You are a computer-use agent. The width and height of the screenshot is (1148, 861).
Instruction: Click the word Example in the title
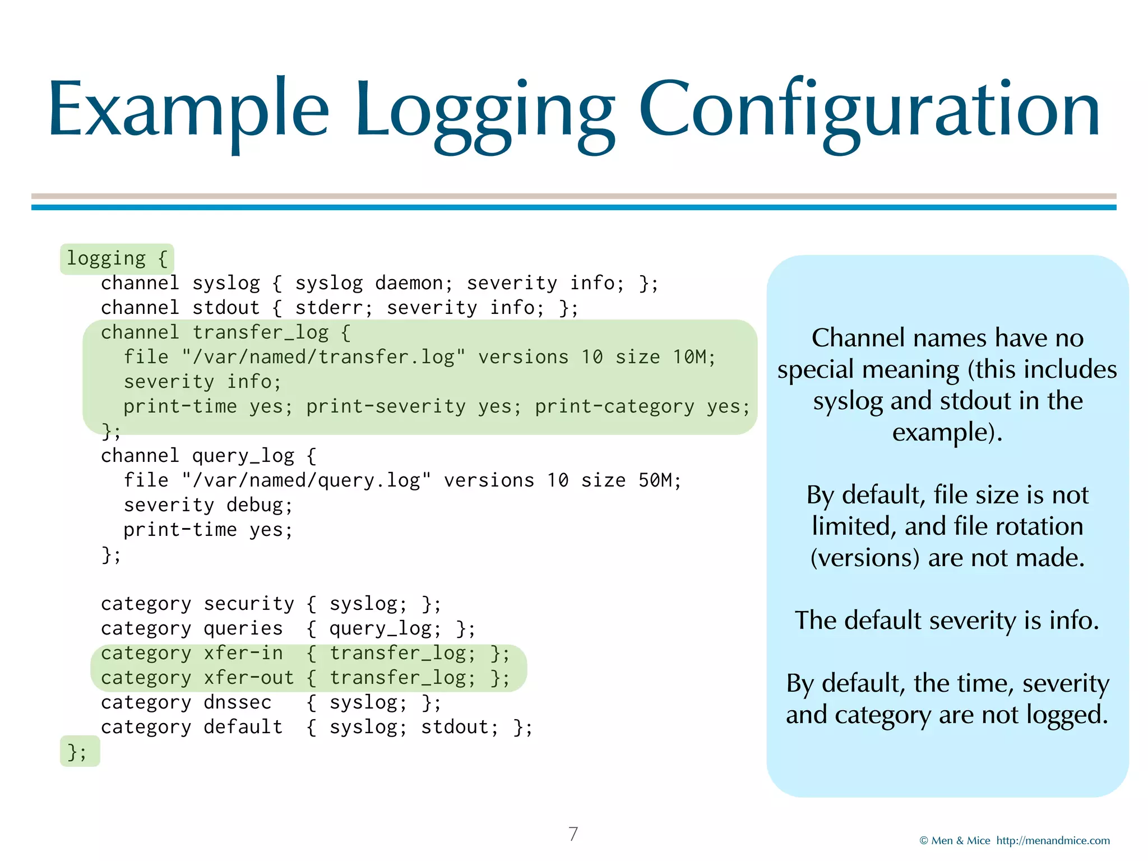pyautogui.click(x=188, y=109)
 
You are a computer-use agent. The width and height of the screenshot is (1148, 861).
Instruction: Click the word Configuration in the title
pyautogui.click(x=869, y=109)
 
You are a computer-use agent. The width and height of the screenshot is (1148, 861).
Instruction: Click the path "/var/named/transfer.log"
pyautogui.click(x=323, y=357)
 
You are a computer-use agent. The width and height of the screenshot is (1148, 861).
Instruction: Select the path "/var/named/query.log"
pyautogui.click(x=306, y=480)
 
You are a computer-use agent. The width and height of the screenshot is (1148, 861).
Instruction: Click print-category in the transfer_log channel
pyautogui.click(x=614, y=406)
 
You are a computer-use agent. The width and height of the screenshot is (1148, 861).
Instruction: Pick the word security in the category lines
pyautogui.click(x=248, y=604)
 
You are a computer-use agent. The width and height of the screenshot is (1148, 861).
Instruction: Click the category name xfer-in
pyautogui.click(x=243, y=653)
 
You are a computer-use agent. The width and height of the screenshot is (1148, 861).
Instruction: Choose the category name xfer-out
pyautogui.click(x=248, y=678)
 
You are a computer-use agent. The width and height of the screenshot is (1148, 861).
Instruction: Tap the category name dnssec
pyautogui.click(x=237, y=702)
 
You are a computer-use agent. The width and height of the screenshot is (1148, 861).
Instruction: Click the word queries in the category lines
pyautogui.click(x=243, y=628)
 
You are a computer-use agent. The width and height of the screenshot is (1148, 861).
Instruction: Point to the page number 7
pyautogui.click(x=573, y=834)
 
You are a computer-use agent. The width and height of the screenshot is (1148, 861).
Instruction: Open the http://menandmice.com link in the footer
pyautogui.click(x=1053, y=840)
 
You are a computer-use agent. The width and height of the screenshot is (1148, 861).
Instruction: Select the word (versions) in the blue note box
pyautogui.click(x=865, y=558)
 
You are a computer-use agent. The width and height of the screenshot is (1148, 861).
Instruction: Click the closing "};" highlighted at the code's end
pyautogui.click(x=77, y=752)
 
